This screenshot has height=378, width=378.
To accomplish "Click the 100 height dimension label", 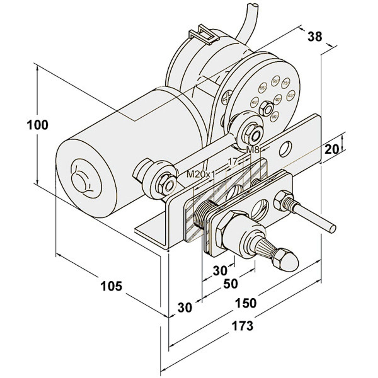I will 37,125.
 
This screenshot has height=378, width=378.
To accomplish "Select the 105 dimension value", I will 111,286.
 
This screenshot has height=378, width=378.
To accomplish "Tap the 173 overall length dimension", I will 242,325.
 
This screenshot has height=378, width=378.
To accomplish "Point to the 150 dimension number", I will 245,303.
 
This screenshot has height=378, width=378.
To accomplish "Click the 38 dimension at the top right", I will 314,37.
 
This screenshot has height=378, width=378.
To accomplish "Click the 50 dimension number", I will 230,284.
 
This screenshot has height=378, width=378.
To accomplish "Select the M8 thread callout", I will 253,150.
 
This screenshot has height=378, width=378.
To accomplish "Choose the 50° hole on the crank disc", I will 274,116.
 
